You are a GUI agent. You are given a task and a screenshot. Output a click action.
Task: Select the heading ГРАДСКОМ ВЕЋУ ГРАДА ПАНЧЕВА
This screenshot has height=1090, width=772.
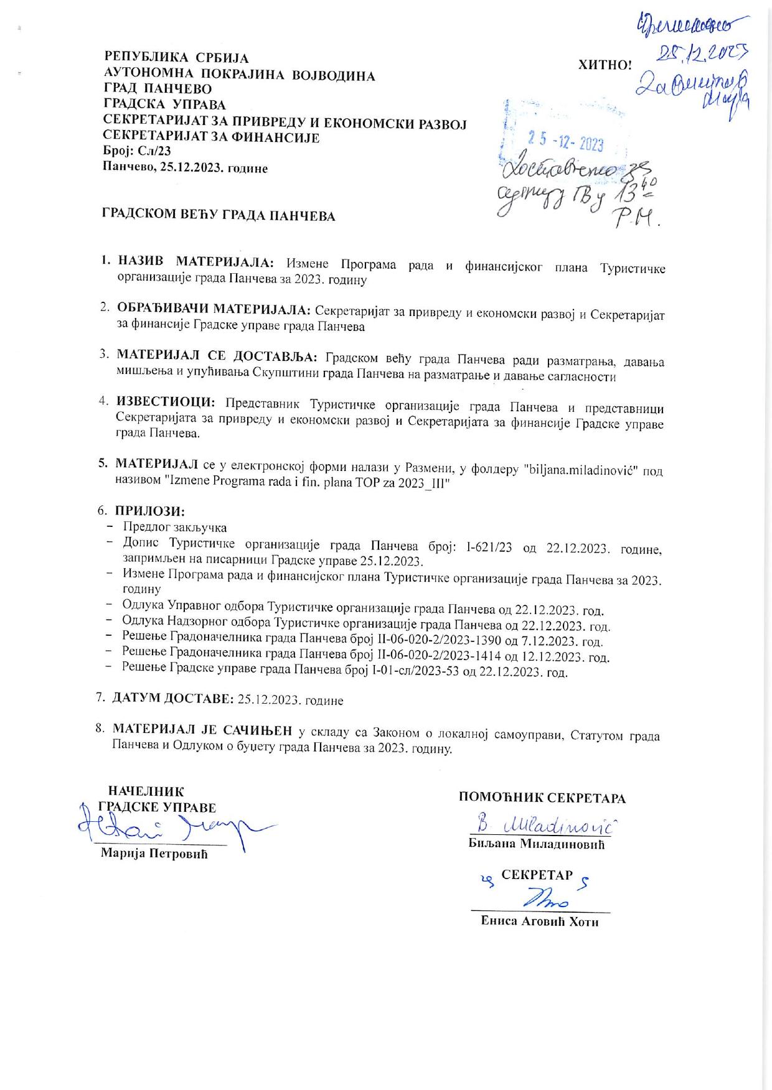(x=219, y=216)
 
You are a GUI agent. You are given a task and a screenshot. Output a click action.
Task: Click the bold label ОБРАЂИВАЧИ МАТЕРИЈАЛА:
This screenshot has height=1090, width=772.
(x=214, y=309)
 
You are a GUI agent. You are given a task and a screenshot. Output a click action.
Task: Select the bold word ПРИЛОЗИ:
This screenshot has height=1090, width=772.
(x=150, y=511)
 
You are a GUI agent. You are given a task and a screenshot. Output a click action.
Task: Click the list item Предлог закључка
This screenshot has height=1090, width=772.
(x=175, y=528)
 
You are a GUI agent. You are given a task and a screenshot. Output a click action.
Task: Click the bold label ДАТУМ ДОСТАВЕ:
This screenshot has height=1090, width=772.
(x=173, y=699)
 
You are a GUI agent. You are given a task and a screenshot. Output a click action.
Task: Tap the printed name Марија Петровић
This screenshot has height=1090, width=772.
(x=154, y=854)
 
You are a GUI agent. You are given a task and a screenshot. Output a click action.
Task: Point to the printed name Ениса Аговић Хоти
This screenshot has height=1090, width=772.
(x=540, y=922)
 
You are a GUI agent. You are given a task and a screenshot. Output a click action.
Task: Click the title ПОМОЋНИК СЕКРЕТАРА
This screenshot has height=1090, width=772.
(x=542, y=798)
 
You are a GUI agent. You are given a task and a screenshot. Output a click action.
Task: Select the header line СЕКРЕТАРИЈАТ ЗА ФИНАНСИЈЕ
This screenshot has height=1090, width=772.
(x=211, y=137)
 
